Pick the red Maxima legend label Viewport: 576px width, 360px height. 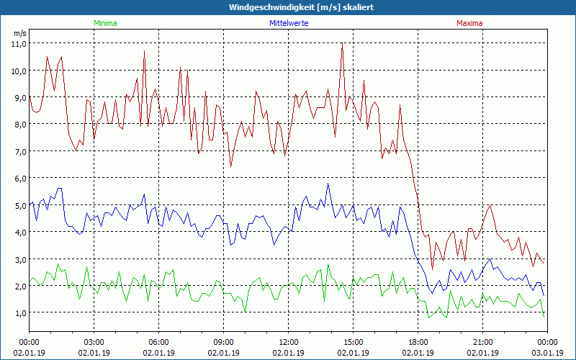(x=469, y=23)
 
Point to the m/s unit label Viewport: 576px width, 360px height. (x=19, y=33)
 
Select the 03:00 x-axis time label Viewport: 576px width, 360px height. (x=94, y=341)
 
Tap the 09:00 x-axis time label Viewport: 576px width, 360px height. (x=223, y=341)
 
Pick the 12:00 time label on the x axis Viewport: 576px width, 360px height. (x=288, y=341)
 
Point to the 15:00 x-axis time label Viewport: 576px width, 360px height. (x=353, y=341)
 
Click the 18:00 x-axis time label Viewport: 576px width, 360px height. (x=418, y=341)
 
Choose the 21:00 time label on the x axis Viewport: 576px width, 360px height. (x=482, y=341)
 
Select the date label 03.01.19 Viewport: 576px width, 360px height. (x=547, y=353)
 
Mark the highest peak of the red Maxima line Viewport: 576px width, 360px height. (x=342, y=44)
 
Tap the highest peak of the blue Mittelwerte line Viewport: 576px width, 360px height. (x=328, y=184)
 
